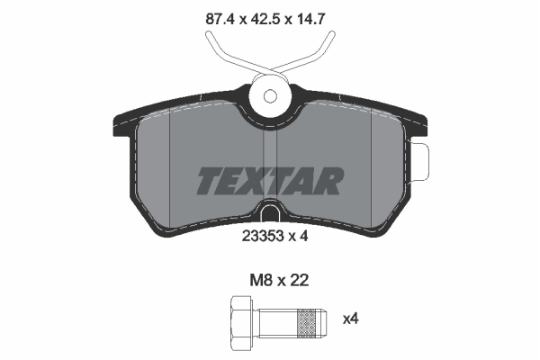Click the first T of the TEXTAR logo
(x=208, y=181)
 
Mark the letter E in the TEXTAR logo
(x=232, y=181)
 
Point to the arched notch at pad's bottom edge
(x=269, y=213)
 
